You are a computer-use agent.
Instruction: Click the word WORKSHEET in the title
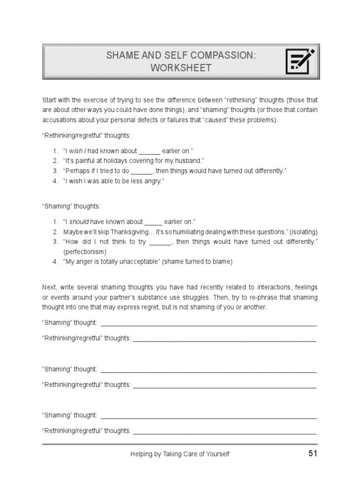pyautogui.click(x=180, y=68)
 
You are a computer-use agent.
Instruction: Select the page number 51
pyautogui.click(x=313, y=453)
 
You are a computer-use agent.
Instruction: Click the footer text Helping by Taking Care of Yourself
pyautogui.click(x=180, y=454)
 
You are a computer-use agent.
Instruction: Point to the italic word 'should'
pyautogui.click(x=79, y=222)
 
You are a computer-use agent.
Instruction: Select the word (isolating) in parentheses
pyautogui.click(x=304, y=232)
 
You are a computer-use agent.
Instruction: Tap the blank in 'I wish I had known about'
pyautogui.click(x=150, y=151)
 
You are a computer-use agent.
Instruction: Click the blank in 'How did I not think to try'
pyautogui.click(x=160, y=242)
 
